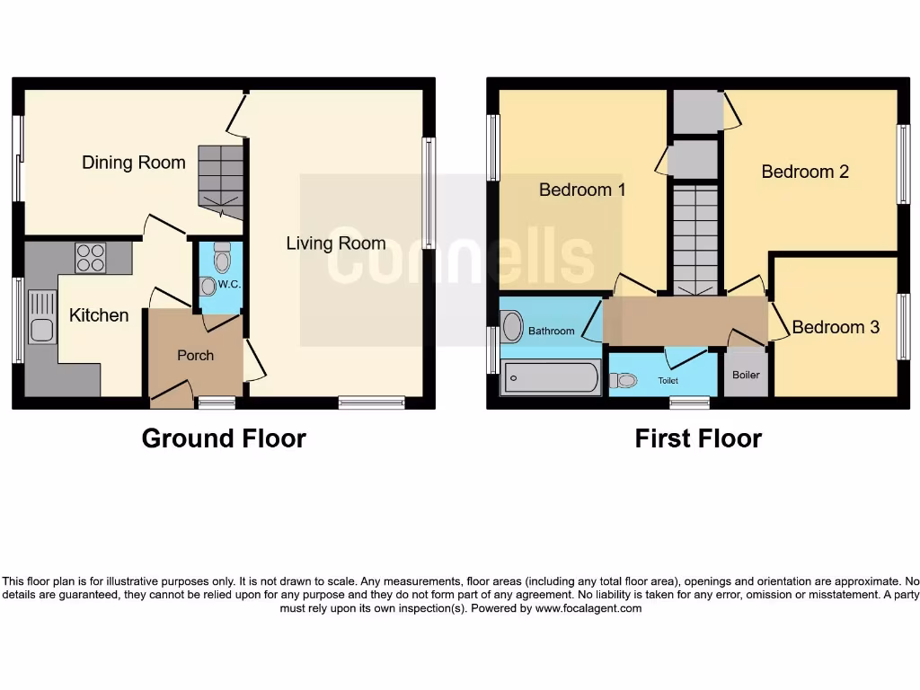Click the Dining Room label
pos(134,163)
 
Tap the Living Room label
pos(336,243)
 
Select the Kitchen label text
pos(99,315)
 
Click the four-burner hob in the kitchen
pos(90,258)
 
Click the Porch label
pos(195,355)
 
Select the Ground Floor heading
pos(224,438)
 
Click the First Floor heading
pos(698,438)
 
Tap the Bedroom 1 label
pos(582,190)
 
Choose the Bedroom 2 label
pos(805,171)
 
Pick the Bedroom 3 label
pos(836,327)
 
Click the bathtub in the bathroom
pos(551,377)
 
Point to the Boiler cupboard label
pos(746,375)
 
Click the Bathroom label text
pos(551,331)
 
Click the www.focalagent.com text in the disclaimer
pos(588,608)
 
